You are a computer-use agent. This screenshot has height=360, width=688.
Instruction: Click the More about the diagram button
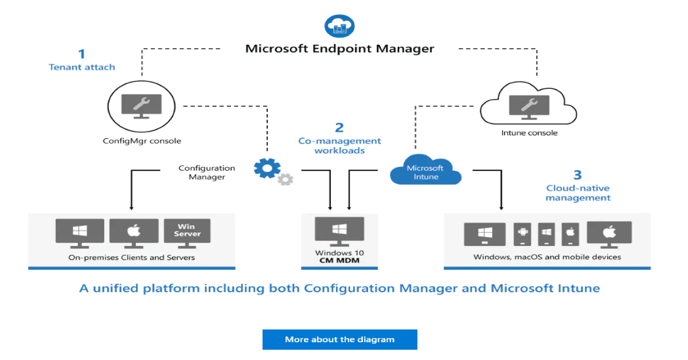(x=339, y=339)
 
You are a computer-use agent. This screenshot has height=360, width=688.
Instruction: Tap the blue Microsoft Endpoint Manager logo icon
(x=339, y=26)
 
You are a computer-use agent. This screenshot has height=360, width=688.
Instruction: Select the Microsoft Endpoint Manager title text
(x=339, y=48)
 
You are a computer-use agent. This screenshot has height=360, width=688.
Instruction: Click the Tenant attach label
(x=81, y=67)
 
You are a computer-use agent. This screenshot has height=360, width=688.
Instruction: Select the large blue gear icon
(x=267, y=168)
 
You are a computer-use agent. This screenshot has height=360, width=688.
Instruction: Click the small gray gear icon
(x=285, y=179)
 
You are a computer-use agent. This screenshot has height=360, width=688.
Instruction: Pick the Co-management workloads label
(x=339, y=146)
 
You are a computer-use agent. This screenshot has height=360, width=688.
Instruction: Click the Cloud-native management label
(x=577, y=193)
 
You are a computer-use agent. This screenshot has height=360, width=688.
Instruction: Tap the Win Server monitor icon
(x=187, y=231)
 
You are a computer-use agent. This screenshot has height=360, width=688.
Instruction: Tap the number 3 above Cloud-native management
(x=577, y=175)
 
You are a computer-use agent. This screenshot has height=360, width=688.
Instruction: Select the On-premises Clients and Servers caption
(x=131, y=257)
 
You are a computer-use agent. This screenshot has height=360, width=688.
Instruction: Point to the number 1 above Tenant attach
(x=81, y=54)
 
